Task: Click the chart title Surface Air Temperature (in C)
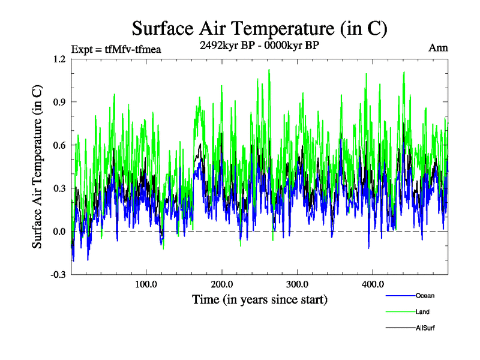point(259,28)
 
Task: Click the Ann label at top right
point(438,48)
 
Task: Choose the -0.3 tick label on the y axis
point(58,275)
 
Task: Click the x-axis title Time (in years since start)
point(259,299)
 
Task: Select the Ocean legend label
point(425,296)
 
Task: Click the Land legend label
point(422,312)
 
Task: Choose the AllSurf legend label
point(425,328)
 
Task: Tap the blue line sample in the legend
point(400,296)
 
